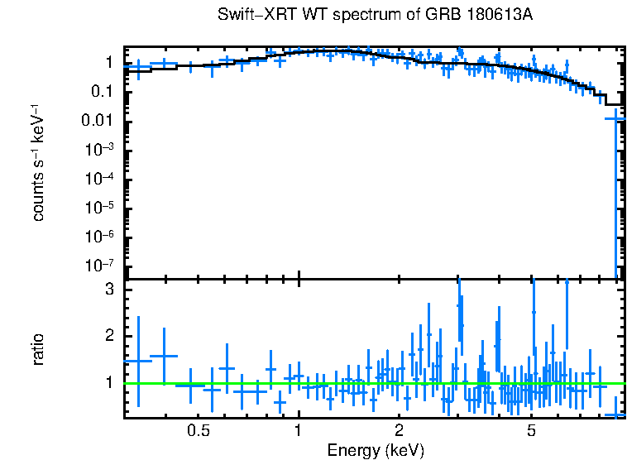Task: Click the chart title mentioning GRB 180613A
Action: point(375,15)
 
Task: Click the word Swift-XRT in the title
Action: point(250,15)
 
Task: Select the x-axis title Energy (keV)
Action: point(375,450)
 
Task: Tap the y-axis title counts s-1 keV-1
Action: point(39,163)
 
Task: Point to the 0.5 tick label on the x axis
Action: point(198,431)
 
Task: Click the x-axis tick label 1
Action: point(298,431)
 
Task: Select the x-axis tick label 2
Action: point(399,431)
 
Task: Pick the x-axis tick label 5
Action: point(531,431)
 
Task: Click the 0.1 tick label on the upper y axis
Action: point(102,92)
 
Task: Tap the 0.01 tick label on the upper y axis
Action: point(98,122)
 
